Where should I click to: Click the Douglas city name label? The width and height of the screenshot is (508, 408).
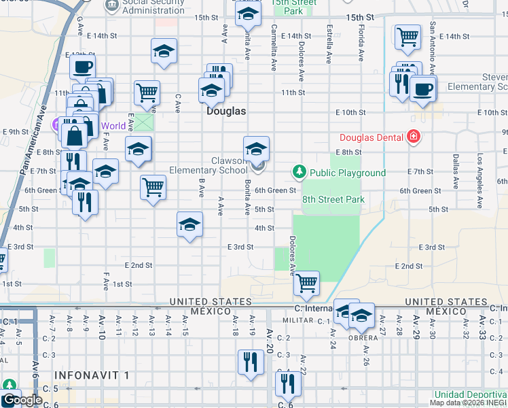(x=226, y=110)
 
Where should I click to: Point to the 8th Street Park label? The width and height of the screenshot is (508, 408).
(x=333, y=199)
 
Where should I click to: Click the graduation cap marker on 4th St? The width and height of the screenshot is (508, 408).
(x=189, y=224)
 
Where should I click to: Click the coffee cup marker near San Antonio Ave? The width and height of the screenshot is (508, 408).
(x=422, y=88)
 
